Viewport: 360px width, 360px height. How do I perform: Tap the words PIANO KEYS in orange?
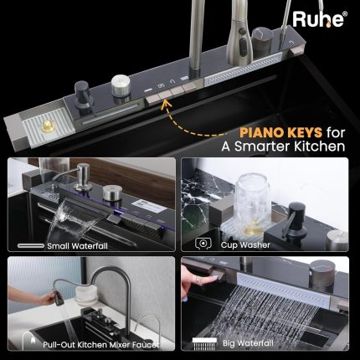(x=280, y=133)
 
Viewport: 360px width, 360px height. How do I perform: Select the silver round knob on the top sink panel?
(x=121, y=85)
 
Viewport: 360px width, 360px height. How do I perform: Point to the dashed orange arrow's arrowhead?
(x=167, y=103)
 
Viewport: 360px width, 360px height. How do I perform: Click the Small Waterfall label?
(x=77, y=246)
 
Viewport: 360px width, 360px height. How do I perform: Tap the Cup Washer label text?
(x=245, y=245)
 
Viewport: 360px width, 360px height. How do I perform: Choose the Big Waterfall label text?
(x=248, y=343)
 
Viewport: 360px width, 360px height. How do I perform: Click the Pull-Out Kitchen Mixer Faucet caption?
(x=100, y=345)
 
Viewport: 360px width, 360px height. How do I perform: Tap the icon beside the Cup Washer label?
(x=203, y=244)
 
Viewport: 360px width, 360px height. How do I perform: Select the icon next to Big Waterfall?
(x=204, y=343)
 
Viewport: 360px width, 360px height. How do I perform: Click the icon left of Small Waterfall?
(x=31, y=246)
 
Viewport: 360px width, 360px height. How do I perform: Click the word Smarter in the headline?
(x=261, y=147)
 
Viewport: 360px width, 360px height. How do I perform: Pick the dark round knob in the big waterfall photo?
(x=321, y=271)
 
